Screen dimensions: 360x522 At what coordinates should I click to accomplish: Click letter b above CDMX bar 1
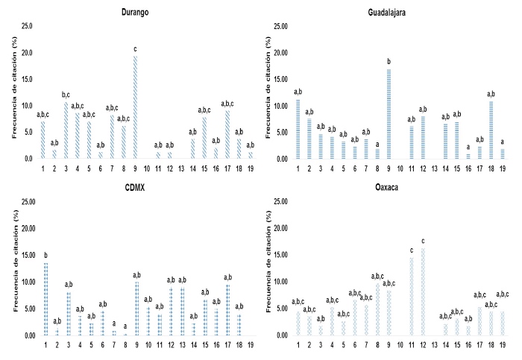point(45,255)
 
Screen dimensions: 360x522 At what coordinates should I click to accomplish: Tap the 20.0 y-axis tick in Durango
point(26,53)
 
